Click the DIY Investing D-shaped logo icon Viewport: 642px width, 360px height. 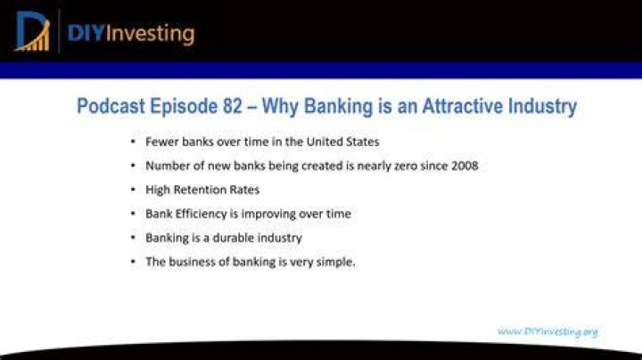click(x=33, y=31)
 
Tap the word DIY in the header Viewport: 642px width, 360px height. click(x=86, y=33)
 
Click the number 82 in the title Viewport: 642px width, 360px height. click(x=233, y=106)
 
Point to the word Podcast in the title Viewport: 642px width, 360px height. click(x=111, y=106)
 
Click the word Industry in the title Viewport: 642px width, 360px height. click(x=542, y=106)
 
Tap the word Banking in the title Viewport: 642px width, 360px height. click(x=338, y=106)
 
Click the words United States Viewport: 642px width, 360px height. click(x=342, y=142)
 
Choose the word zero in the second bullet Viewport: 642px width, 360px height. click(x=407, y=166)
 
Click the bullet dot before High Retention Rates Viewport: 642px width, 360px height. click(x=133, y=190)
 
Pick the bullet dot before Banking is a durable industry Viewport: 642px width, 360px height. click(x=133, y=237)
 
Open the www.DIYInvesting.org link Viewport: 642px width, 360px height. click(x=547, y=331)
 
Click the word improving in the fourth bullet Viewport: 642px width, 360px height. click(x=268, y=214)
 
